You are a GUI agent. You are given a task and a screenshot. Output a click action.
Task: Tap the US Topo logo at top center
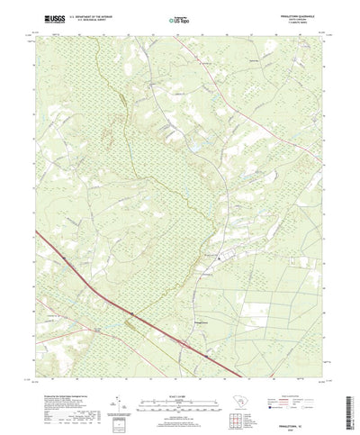[x=179, y=19]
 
